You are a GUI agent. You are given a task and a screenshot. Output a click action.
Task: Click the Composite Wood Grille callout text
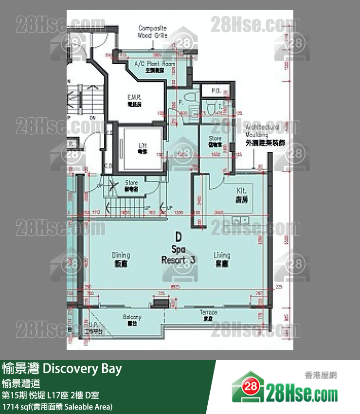point(153,31)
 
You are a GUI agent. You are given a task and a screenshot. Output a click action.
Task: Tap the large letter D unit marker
point(179,237)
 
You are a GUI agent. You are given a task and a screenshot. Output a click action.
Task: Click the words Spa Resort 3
point(178,254)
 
